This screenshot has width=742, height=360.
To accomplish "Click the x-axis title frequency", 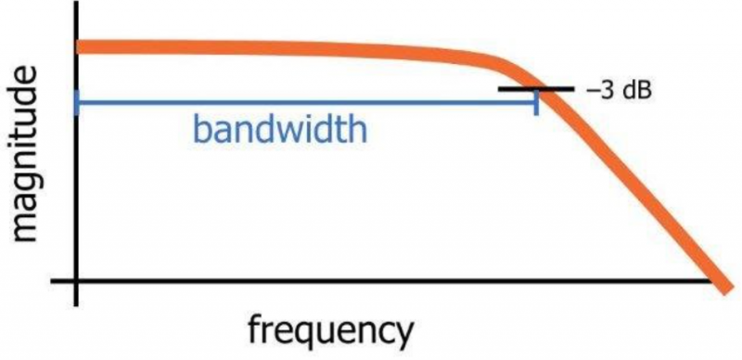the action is pyautogui.click(x=331, y=329).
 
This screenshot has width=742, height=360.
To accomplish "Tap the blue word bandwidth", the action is pyautogui.click(x=280, y=129).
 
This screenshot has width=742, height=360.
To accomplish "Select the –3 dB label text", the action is pyautogui.click(x=619, y=91).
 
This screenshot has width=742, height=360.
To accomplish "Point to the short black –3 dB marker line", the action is pyautogui.click(x=536, y=88).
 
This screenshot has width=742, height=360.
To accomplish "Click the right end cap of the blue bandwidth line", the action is pyautogui.click(x=536, y=102).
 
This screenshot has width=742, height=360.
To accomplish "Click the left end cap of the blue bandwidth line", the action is pyautogui.click(x=77, y=102).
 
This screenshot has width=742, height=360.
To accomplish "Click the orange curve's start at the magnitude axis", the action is pyautogui.click(x=79, y=46).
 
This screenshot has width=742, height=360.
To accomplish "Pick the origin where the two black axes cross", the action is pyautogui.click(x=76, y=280).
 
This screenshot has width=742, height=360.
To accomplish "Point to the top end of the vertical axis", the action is pyautogui.click(x=76, y=2).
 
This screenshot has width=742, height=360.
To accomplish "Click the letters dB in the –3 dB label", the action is pyautogui.click(x=636, y=91).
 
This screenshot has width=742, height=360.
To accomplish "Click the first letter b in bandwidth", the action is pyautogui.click(x=202, y=129).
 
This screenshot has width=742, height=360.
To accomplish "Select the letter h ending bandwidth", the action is pyautogui.click(x=358, y=129).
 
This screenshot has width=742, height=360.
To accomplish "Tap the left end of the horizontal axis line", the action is pyautogui.click(x=52, y=280).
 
